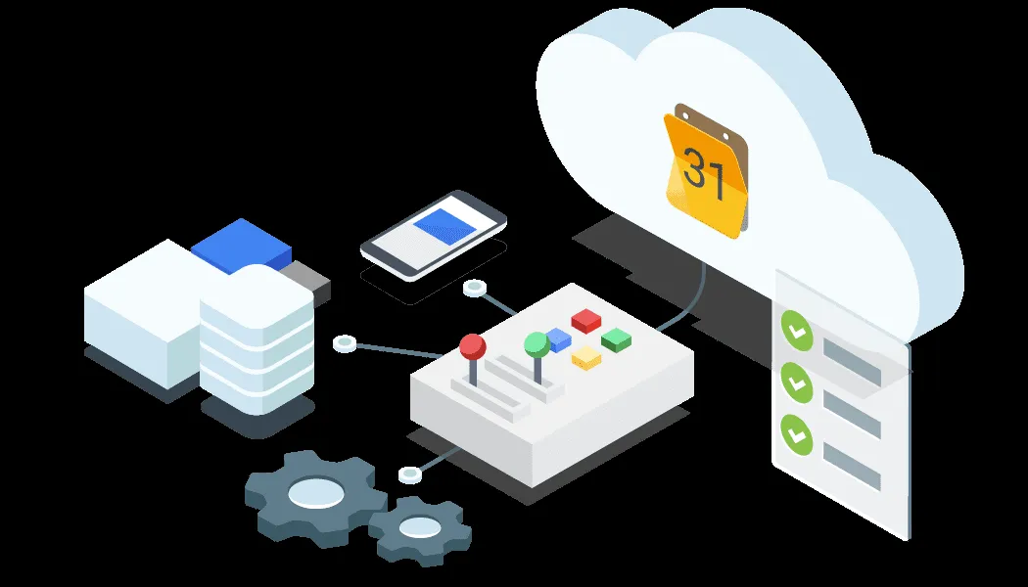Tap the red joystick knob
pos(473,345)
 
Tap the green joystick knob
pos(536,342)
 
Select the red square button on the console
pos(585,320)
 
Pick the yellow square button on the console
pos(586,357)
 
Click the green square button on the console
pos(616,339)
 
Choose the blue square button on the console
pos(558,339)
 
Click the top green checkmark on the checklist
pos(795,331)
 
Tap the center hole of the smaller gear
pos(420,528)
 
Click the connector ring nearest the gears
pos(410,474)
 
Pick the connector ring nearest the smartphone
pos(475,288)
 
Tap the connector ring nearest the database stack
pos(344,342)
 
